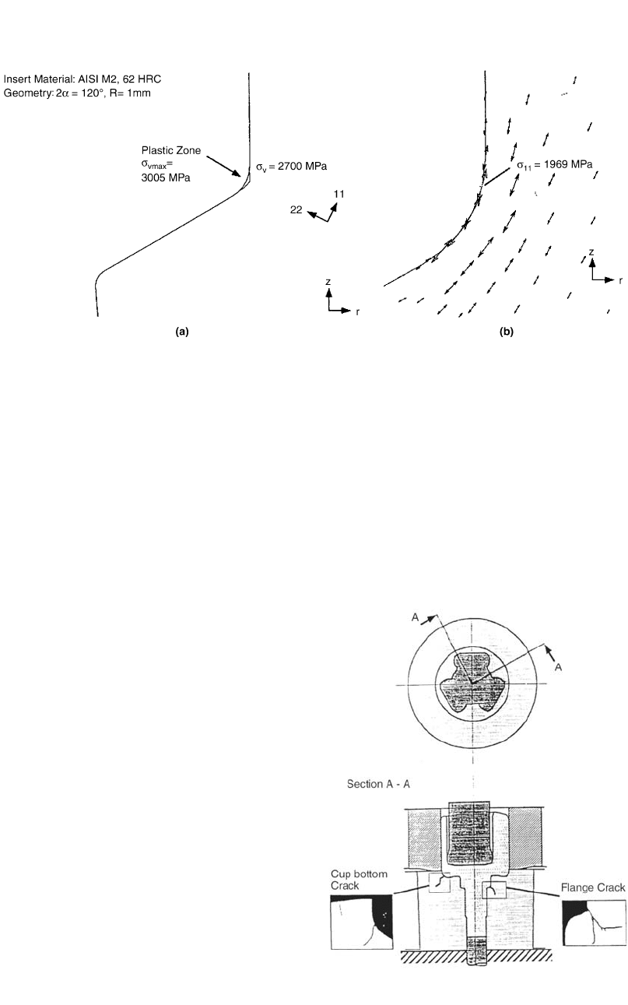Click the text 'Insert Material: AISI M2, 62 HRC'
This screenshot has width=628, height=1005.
click(x=82, y=79)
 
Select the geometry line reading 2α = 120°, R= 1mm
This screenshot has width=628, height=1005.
click(x=77, y=93)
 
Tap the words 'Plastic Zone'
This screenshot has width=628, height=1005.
click(x=171, y=150)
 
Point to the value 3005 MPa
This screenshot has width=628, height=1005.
click(x=166, y=177)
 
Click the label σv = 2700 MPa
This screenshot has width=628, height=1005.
click(x=291, y=167)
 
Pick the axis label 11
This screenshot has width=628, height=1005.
click(x=339, y=194)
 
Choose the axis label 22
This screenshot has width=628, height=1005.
click(x=296, y=209)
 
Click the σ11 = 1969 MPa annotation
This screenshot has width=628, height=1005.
click(x=554, y=165)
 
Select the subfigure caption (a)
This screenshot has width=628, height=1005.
click(x=182, y=332)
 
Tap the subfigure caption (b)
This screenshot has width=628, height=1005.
click(x=507, y=332)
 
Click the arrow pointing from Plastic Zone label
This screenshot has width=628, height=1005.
click(x=224, y=167)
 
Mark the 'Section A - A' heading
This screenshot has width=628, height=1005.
click(x=378, y=784)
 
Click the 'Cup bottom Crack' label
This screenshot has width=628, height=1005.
click(x=359, y=880)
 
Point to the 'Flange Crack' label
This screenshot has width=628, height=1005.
click(x=593, y=887)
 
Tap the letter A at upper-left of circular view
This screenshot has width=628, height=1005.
click(x=416, y=617)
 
